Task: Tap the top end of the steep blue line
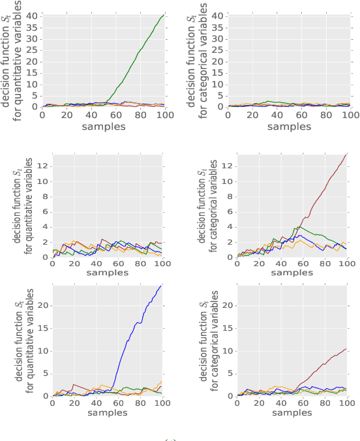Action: point(162,286)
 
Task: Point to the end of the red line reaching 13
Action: point(346,154)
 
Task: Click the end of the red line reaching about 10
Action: point(346,348)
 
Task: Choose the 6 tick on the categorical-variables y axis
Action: point(231,211)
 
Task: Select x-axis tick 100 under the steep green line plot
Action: point(163,114)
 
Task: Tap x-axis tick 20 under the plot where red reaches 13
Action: point(258,265)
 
